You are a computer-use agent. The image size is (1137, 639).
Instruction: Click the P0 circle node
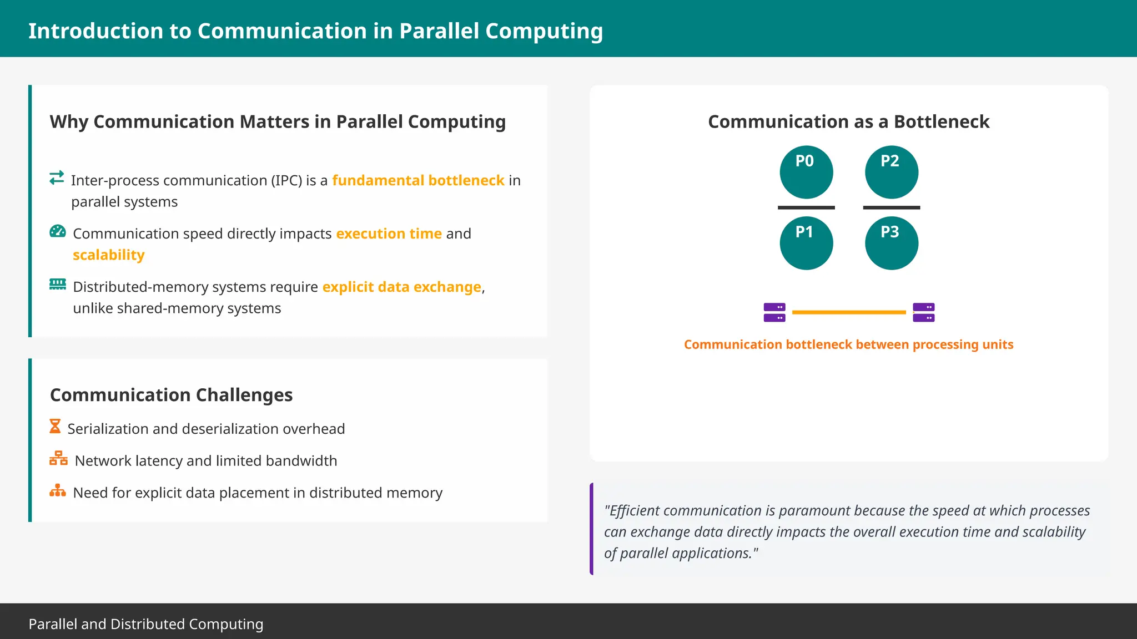coord(806,172)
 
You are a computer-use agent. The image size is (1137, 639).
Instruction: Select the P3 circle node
coord(892,243)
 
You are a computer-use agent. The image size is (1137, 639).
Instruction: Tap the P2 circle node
coord(892,172)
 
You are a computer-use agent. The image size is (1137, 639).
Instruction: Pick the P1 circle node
coord(806,243)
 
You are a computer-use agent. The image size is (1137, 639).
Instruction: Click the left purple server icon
coord(774,312)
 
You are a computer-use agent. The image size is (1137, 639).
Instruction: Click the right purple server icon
coord(923,312)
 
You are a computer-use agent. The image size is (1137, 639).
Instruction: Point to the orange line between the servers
coord(848,312)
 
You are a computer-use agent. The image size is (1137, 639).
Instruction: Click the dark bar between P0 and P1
coord(806,207)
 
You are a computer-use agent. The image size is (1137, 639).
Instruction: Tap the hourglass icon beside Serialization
coord(55,427)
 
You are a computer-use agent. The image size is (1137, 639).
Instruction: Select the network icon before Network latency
coord(58,458)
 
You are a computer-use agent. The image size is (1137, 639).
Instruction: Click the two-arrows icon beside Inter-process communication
coord(57,177)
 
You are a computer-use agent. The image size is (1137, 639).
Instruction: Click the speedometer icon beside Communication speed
coord(58,231)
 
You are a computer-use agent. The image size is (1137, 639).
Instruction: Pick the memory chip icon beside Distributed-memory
coord(58,284)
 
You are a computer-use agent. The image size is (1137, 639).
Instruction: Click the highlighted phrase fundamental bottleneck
coord(418,180)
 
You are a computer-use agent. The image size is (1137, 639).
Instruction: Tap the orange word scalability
coord(109,255)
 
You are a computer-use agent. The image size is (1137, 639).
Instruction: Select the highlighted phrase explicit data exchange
coord(401,287)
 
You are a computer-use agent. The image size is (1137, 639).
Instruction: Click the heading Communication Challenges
coord(171,395)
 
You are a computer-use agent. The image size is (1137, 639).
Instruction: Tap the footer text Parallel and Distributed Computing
coord(146,624)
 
